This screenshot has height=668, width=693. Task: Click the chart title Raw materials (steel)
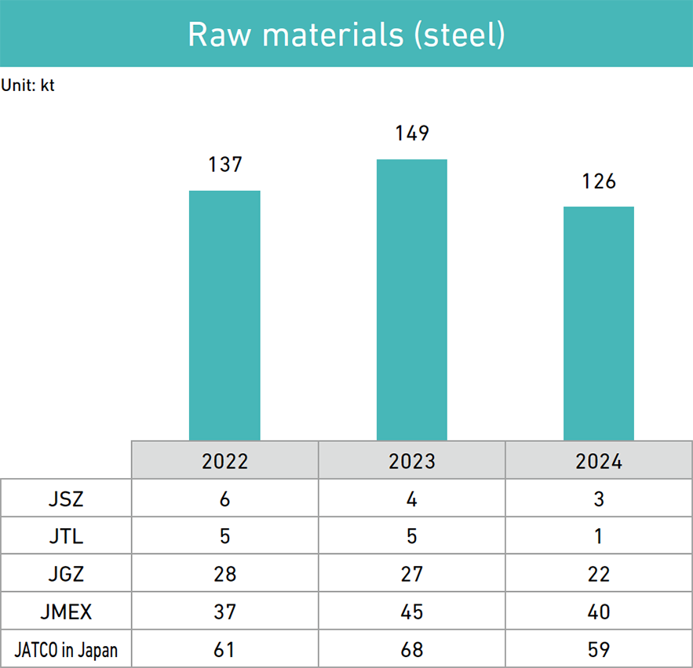(x=346, y=35)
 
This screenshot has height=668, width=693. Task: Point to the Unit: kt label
(x=28, y=86)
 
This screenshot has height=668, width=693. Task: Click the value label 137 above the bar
(x=225, y=165)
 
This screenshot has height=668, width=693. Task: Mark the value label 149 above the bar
(x=412, y=133)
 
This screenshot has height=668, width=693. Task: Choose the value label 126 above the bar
(x=599, y=181)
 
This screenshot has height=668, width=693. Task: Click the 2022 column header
(x=225, y=461)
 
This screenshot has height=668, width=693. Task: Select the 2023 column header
(x=412, y=461)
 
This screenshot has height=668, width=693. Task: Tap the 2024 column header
(x=599, y=461)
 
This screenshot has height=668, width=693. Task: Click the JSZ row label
(x=66, y=498)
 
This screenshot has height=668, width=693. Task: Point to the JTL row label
(x=66, y=536)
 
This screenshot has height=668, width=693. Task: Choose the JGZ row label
(x=66, y=574)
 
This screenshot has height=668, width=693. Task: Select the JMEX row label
(x=66, y=611)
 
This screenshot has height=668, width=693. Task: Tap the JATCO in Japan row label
(x=66, y=650)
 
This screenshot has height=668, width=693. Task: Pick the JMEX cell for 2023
(x=412, y=611)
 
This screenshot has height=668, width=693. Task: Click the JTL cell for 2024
(x=599, y=536)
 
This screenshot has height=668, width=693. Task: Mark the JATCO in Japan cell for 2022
(x=225, y=650)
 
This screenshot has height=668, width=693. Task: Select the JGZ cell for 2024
(x=599, y=574)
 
